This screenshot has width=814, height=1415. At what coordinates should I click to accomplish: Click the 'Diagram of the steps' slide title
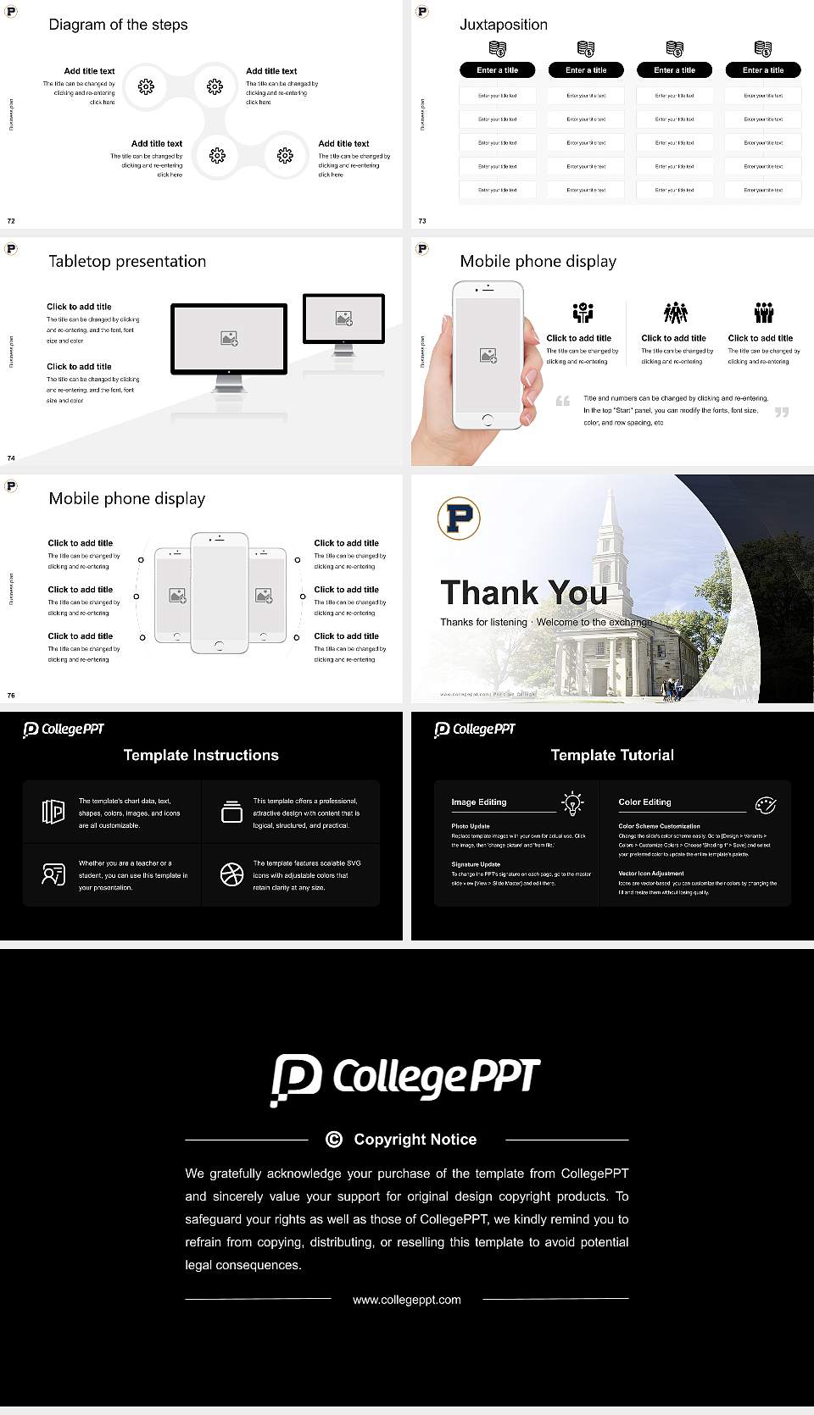118,25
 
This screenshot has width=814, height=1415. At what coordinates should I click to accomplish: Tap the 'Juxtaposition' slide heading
503,25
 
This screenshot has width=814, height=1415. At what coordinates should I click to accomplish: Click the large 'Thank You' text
523,592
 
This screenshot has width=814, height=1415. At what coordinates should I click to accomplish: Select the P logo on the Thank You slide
459,519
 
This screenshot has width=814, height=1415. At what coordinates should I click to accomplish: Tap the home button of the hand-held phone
487,419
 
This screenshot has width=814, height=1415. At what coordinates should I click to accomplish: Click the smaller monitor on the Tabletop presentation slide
343,319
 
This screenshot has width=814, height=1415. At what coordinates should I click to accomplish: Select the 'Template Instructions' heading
201,755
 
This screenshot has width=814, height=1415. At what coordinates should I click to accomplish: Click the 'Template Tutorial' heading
612,755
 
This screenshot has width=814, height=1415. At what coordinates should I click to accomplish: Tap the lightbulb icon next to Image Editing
572,803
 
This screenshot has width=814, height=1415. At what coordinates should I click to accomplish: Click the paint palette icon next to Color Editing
765,804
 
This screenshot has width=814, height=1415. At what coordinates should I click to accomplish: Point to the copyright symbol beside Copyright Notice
334,1140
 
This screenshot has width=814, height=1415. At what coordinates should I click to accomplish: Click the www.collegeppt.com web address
407,1299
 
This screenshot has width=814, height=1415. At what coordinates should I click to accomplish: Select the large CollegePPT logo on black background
405,1079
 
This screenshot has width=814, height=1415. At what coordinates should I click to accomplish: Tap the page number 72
11,220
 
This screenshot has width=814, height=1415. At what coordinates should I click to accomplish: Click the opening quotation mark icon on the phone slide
562,401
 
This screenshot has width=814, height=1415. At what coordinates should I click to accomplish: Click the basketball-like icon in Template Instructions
231,874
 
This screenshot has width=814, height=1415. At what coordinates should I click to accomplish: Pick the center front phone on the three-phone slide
219,593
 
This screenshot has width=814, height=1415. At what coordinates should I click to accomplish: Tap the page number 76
11,695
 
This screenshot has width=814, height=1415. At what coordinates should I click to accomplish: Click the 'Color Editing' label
644,802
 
